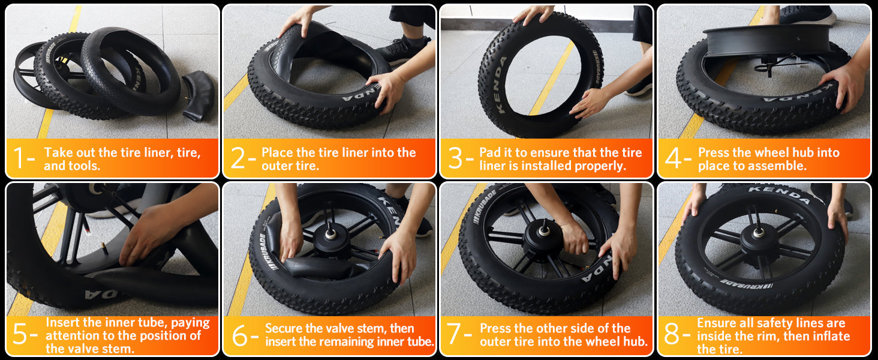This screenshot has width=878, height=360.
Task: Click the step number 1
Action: coord(20,158)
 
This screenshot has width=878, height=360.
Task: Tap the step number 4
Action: coord(673,158)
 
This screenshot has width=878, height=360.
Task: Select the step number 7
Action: coord(454,334)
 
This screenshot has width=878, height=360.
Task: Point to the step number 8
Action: coord(672,334)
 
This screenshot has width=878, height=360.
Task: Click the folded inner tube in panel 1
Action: coord(199,96)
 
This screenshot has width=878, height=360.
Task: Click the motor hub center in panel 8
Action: coord(759,233)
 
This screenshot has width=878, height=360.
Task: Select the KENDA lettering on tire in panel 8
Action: coord(779,195)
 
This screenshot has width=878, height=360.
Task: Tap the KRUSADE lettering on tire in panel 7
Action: coord(485,207)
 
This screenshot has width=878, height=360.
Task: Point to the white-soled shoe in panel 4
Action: coord(807,14)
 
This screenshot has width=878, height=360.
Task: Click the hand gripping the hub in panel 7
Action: coord(574,238)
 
